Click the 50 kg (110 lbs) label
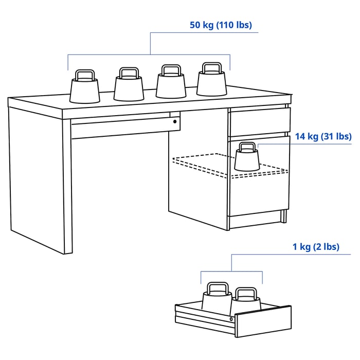tap(221, 25)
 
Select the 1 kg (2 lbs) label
tap(316, 247)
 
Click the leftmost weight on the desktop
tap(84, 90)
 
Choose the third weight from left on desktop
tap(171, 85)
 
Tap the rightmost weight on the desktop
tap(211, 83)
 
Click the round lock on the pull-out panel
tap(175, 122)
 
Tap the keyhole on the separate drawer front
tap(231, 319)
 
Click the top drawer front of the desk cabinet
tap(260, 121)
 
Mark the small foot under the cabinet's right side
tap(284, 216)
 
